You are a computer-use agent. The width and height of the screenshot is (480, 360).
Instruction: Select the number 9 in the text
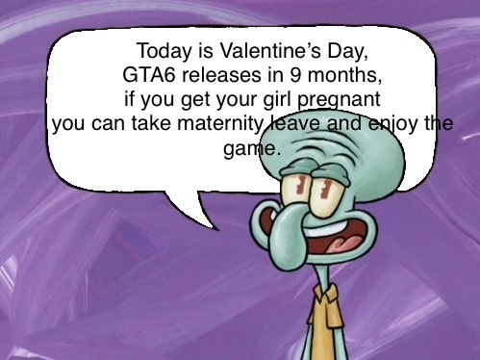click(295, 75)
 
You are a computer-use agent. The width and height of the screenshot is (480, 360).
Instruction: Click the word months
click(344, 75)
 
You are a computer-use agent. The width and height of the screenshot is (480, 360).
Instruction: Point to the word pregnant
click(340, 100)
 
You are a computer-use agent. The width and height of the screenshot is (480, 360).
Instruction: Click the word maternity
click(220, 124)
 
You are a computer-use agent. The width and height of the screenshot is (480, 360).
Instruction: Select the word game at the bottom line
click(244, 149)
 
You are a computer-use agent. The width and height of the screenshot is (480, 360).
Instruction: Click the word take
click(151, 123)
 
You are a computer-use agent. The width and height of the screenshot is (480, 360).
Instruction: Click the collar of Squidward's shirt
click(325, 295)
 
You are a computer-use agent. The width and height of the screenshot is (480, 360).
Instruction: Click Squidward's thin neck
click(323, 276)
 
